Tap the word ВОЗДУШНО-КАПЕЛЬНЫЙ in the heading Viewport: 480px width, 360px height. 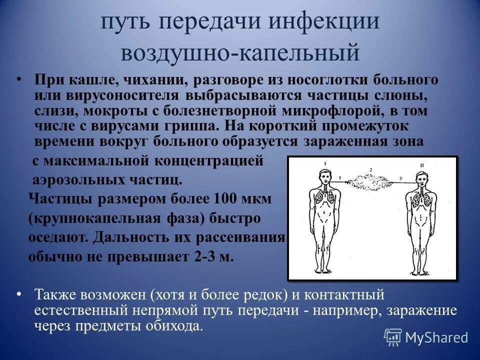tap(240, 53)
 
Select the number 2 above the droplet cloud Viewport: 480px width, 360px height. tap(370, 170)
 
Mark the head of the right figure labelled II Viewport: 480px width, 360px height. tap(421, 177)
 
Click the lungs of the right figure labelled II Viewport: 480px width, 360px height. tap(421, 200)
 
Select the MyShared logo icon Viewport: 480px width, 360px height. tap(392, 337)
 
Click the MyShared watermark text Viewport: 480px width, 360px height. tap(436, 337)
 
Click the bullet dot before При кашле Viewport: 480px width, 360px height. tap(19, 80)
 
